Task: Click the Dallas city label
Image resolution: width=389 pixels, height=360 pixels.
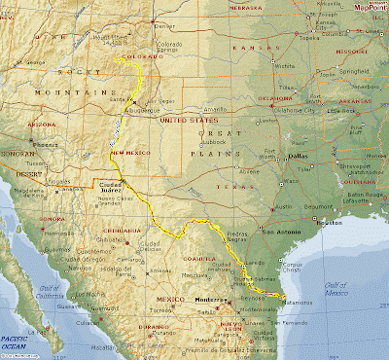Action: click(298, 157)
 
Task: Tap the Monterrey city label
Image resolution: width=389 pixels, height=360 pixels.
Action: click(208, 301)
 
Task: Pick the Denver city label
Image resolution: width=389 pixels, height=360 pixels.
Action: click(160, 27)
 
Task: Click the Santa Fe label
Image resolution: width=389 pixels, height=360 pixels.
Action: click(123, 98)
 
